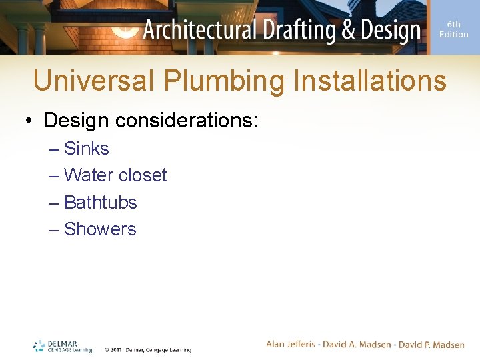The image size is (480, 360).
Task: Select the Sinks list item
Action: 86,148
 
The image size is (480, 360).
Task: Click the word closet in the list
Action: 143,175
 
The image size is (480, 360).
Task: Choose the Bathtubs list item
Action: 100,202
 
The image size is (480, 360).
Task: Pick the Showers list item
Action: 99,229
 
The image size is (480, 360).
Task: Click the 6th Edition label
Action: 453,29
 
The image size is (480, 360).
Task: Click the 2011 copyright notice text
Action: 147,349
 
